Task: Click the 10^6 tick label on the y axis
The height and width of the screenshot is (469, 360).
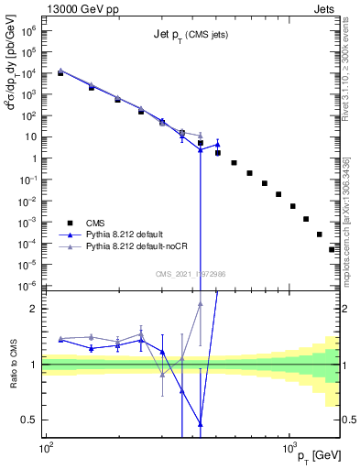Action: click(29, 31)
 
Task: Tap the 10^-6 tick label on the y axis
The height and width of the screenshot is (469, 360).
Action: click(28, 285)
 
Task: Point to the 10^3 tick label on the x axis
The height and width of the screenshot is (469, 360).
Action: click(289, 448)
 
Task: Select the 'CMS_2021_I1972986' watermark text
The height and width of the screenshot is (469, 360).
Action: click(190, 273)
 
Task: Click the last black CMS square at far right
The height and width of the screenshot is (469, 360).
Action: click(333, 249)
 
